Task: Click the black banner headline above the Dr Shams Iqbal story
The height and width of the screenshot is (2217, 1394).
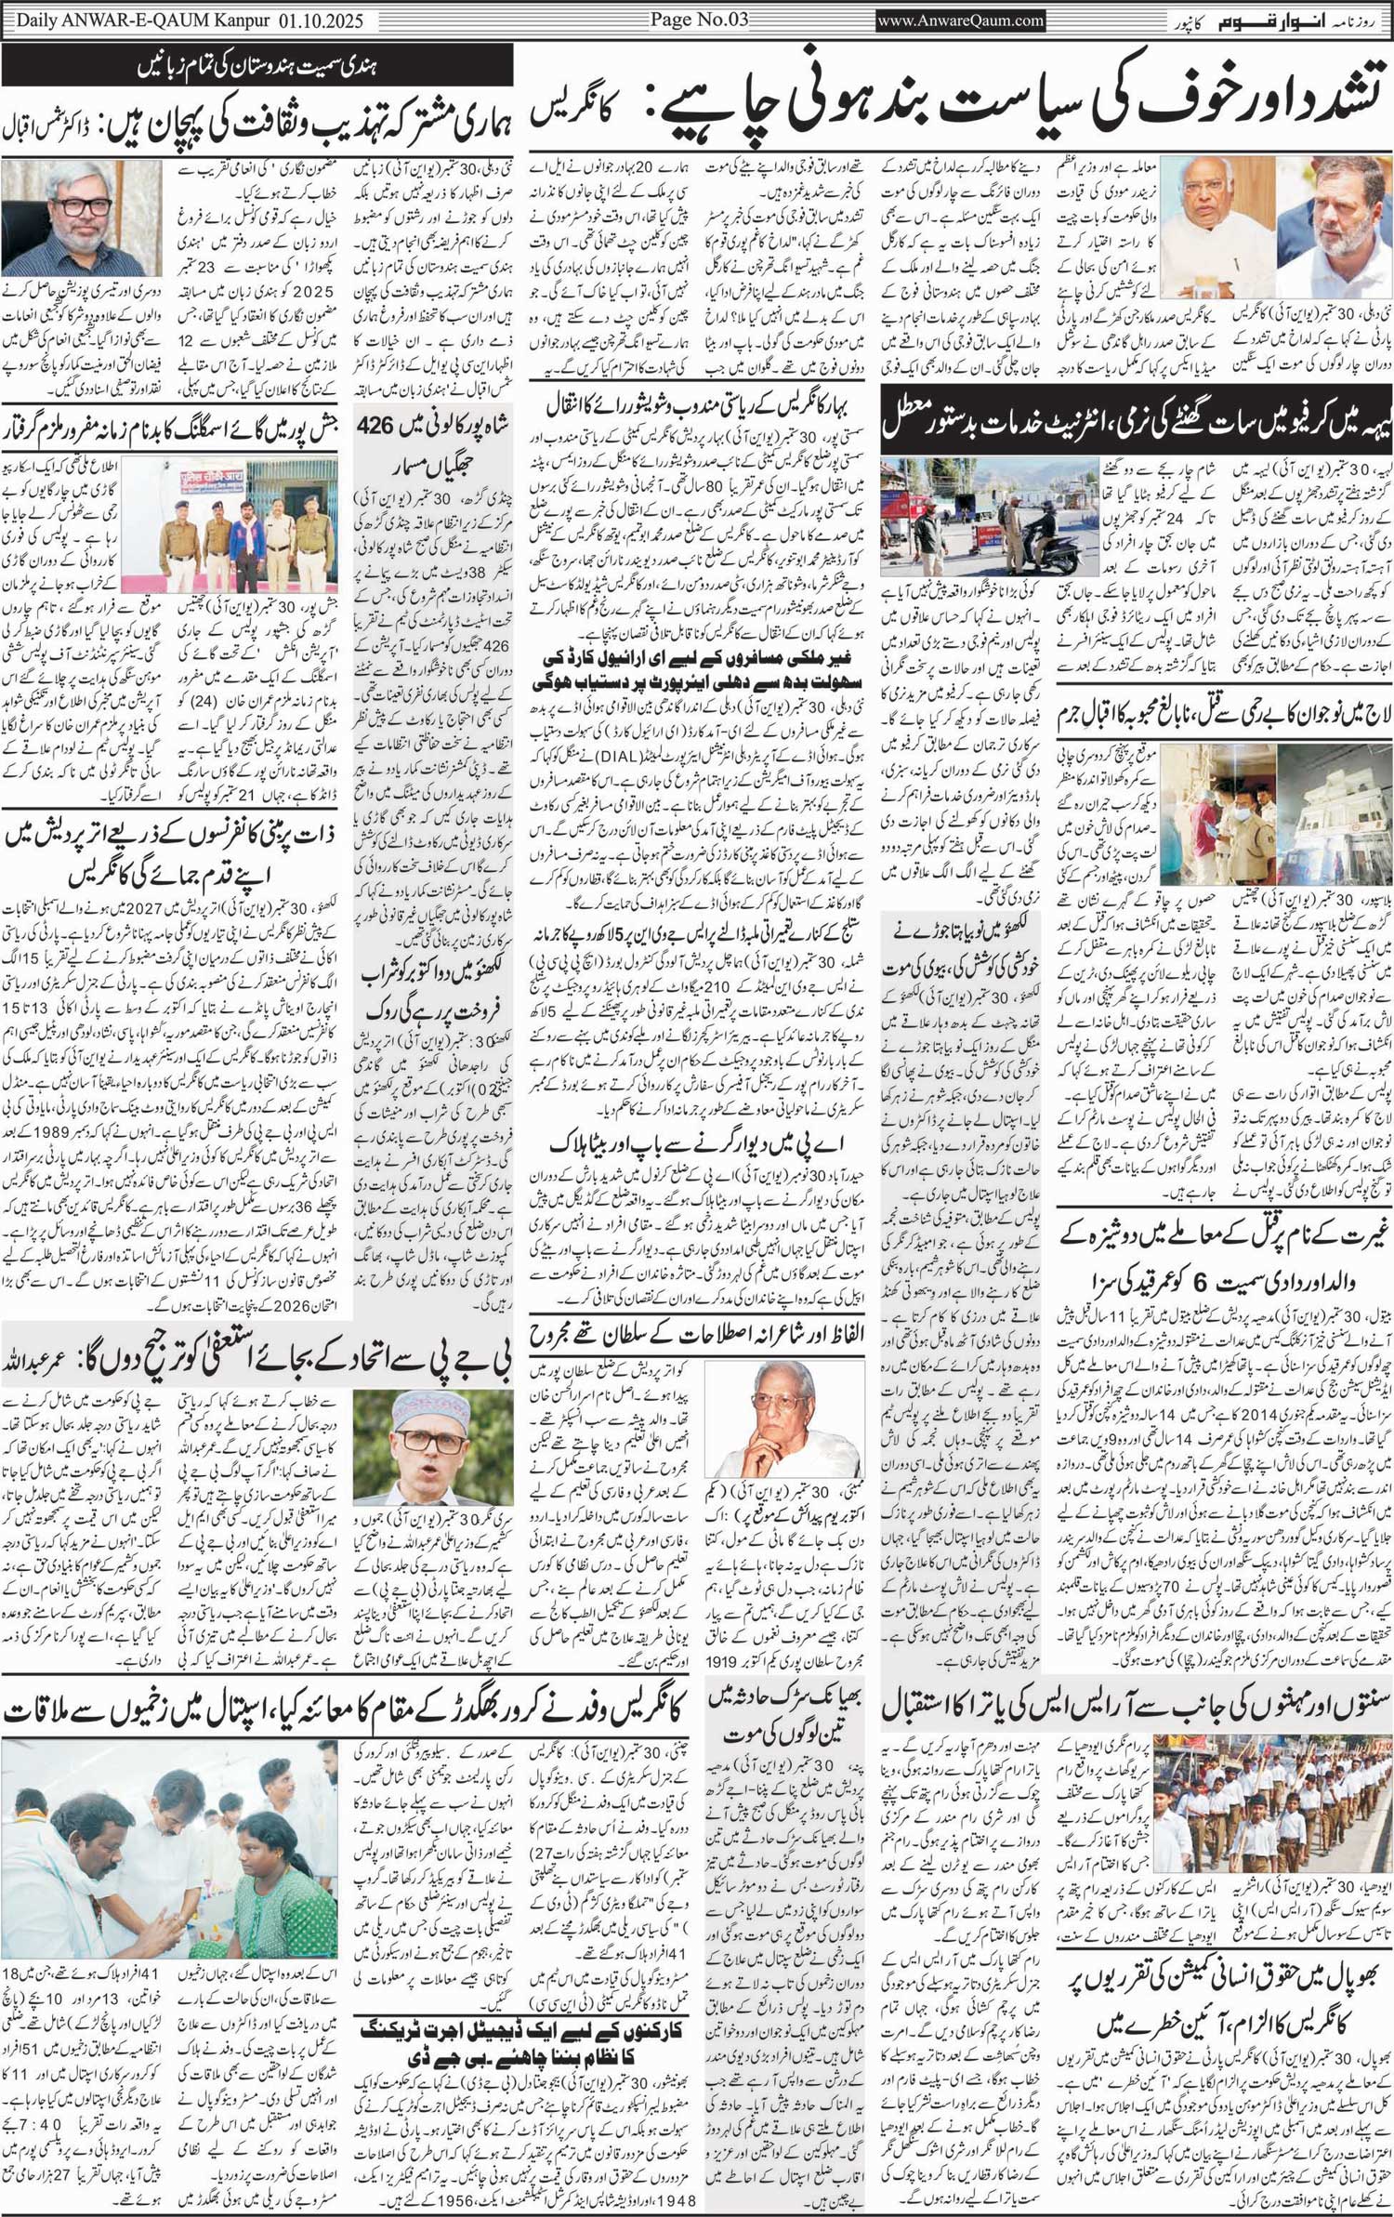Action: coord(257,67)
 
